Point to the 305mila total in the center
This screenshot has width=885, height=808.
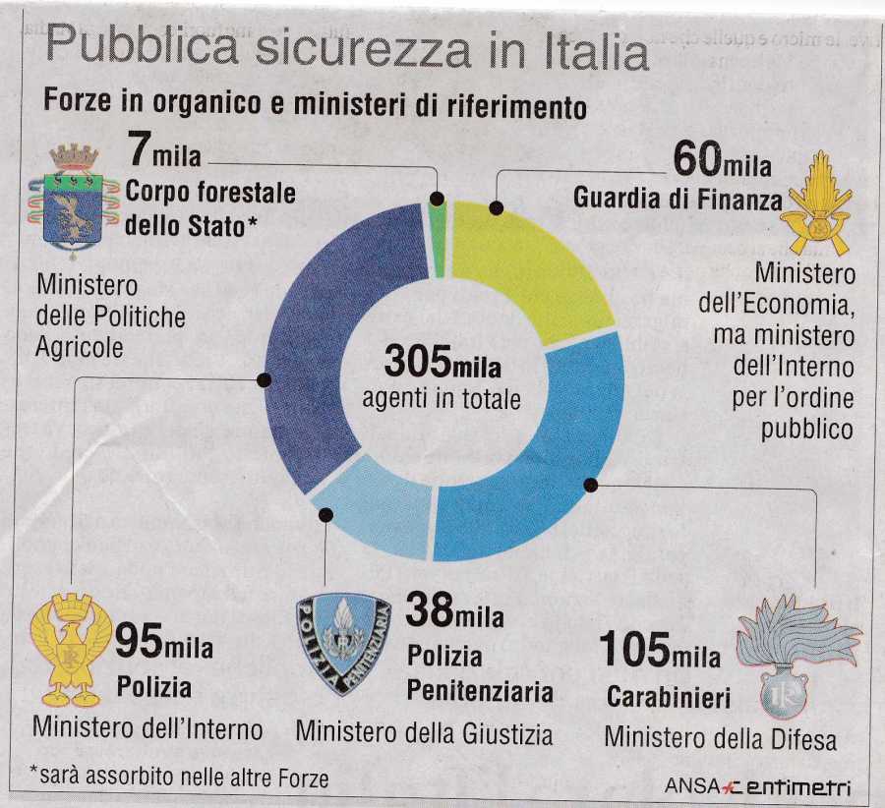442,364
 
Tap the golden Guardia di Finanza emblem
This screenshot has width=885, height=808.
816,202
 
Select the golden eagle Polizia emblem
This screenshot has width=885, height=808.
71,650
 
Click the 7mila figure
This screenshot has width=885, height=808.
164,154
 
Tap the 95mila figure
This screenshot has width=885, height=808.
163,643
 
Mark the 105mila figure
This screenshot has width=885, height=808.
659,651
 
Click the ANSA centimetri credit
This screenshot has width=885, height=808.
757,785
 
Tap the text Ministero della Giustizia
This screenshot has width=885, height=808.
424,732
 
